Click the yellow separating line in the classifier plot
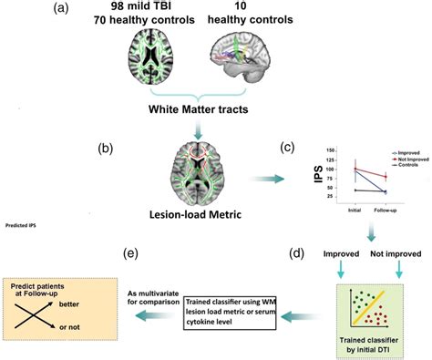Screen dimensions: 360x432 click(380, 309)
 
